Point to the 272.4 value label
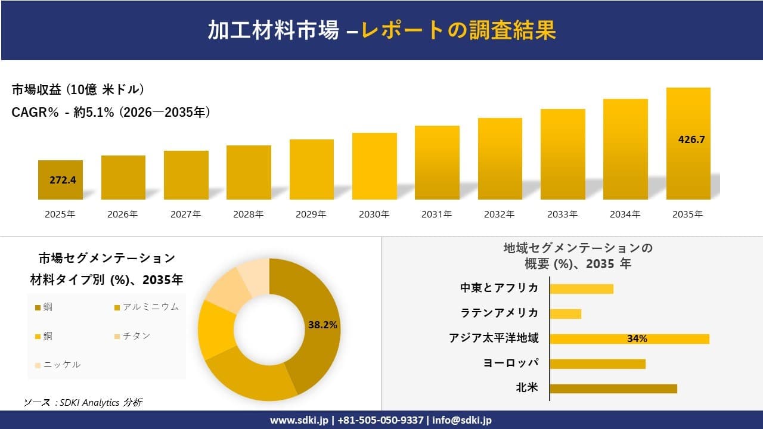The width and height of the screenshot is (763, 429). (63, 180)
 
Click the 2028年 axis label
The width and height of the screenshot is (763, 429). (249, 214)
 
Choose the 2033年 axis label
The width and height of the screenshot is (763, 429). (562, 214)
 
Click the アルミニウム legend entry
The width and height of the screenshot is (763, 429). (150, 307)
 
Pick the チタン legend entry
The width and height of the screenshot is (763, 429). (137, 336)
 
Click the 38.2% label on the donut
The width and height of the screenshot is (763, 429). (322, 325)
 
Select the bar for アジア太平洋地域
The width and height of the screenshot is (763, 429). (629, 339)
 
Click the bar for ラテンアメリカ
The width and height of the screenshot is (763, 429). (565, 313)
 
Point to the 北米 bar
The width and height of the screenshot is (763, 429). (613, 388)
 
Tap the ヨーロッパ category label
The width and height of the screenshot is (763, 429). (511, 363)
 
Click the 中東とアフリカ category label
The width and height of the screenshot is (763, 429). (499, 288)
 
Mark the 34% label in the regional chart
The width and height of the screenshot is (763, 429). (637, 339)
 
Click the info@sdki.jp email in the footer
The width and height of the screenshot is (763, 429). (462, 420)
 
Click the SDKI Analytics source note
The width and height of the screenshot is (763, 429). (83, 403)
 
